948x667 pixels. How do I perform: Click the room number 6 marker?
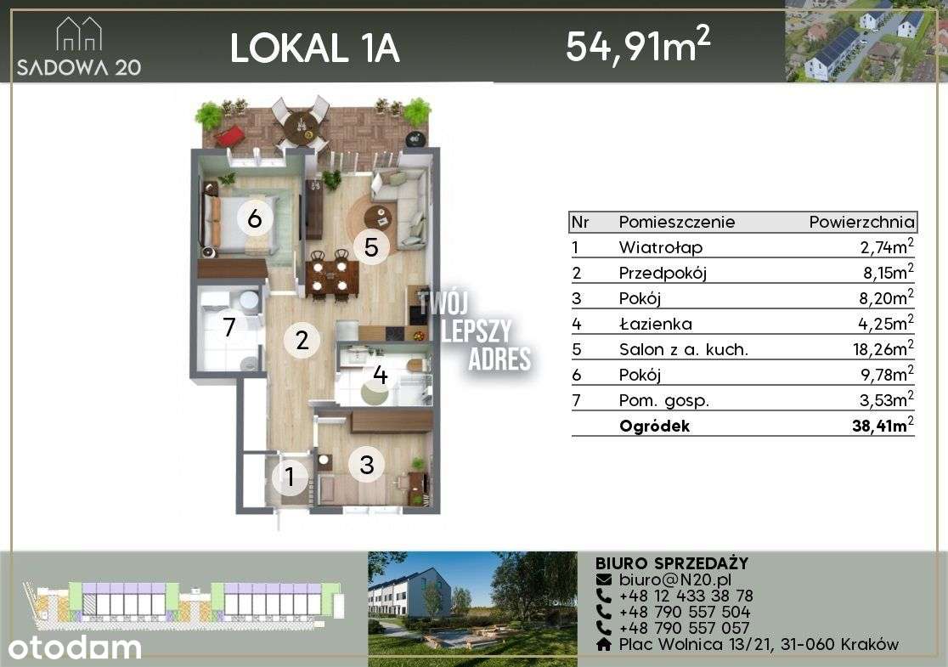pyautogui.click(x=254, y=218)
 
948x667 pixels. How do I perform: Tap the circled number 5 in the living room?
pyautogui.click(x=370, y=246)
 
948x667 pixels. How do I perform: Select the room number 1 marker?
pyautogui.click(x=290, y=477)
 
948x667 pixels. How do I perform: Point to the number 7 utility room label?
pyautogui.click(x=228, y=327)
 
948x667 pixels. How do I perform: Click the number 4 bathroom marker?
pyautogui.click(x=380, y=376)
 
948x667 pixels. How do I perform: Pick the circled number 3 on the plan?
pyautogui.click(x=367, y=465)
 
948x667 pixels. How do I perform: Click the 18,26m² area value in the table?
pyautogui.click(x=885, y=348)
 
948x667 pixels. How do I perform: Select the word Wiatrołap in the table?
pyautogui.click(x=661, y=248)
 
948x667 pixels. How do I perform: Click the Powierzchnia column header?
pyautogui.click(x=861, y=223)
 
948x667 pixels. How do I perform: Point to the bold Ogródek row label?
pyautogui.click(x=654, y=427)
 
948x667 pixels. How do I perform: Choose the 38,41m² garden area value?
pyautogui.click(x=883, y=426)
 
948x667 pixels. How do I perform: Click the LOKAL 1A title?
pyautogui.click(x=314, y=48)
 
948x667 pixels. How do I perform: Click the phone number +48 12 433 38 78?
pyautogui.click(x=686, y=596)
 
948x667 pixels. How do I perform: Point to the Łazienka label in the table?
pyautogui.click(x=655, y=324)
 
